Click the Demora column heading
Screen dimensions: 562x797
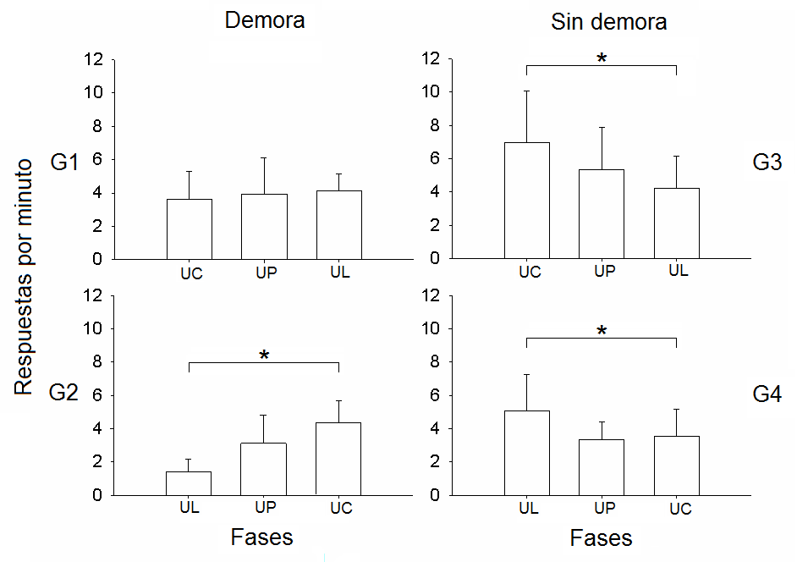[264, 21]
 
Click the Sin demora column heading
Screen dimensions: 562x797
[608, 22]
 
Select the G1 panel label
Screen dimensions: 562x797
[64, 163]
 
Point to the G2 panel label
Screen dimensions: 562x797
[64, 393]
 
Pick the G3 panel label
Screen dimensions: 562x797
[766, 163]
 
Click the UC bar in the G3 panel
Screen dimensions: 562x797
[527, 201]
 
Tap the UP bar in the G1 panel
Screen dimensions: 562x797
[264, 227]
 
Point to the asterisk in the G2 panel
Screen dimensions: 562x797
[264, 356]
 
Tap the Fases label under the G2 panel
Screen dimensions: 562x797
[262, 537]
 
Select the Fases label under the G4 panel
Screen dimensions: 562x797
[601, 538]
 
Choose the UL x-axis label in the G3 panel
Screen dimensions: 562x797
[678, 271]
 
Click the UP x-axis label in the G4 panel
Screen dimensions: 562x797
[603, 508]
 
